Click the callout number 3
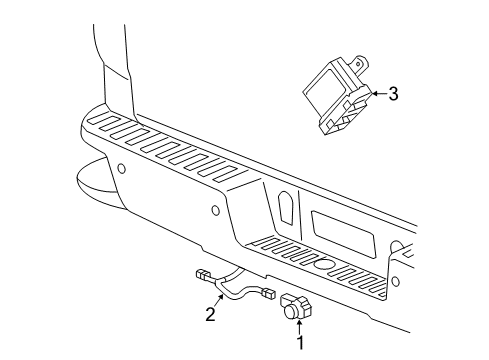pyautogui.click(x=393, y=94)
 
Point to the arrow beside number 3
pyautogui.click(x=377, y=94)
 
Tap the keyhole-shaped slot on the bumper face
pyautogui.click(x=284, y=207)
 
